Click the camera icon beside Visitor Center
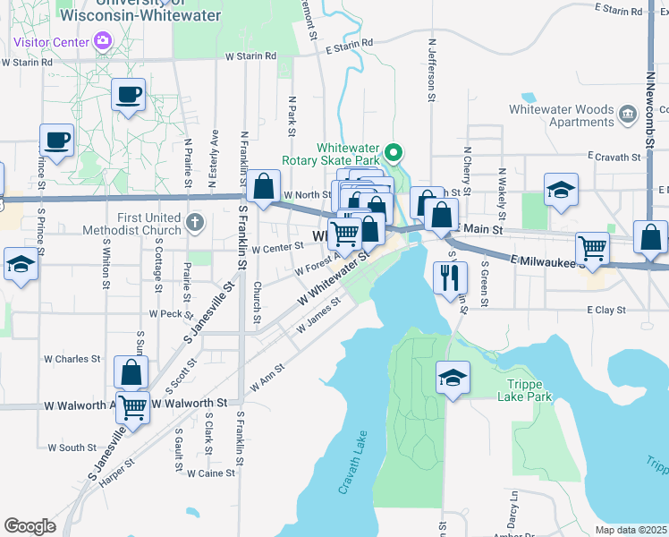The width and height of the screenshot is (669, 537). tap(103, 41)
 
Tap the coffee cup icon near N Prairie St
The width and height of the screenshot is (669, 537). tap(129, 94)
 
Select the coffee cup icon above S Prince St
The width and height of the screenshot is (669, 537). tap(56, 140)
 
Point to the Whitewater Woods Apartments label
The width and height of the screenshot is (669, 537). tap(561, 116)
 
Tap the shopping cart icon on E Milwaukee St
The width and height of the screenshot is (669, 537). tap(592, 247)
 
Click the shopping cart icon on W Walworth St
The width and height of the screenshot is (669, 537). tap(132, 408)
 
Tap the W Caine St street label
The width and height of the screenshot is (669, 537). tap(210, 473)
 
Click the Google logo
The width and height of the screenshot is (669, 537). tap(30, 526)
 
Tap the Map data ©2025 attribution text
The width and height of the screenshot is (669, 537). tap(630, 530)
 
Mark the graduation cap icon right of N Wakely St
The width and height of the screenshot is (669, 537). tap(561, 191)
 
